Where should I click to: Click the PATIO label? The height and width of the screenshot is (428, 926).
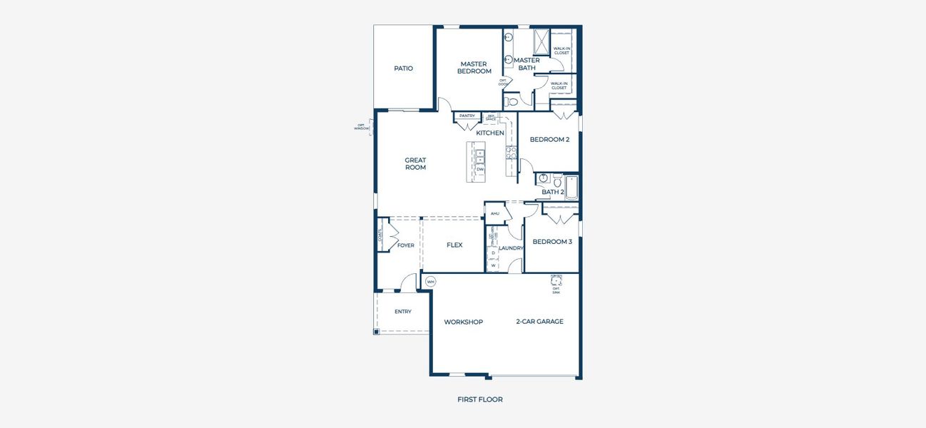pos(404,68)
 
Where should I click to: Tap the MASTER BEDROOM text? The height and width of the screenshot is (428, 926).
pos(474,68)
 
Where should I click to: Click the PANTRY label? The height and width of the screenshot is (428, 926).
pos(467,116)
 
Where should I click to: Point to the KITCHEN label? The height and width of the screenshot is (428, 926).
pos(490,133)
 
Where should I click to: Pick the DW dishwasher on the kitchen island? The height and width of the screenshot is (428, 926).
pos(480,169)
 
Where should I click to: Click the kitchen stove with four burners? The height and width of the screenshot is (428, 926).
pos(511,152)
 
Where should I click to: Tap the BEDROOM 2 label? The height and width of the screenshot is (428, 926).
pos(549,140)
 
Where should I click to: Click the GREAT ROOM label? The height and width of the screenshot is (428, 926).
pos(415,164)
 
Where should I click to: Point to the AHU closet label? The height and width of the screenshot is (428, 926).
pos(494,213)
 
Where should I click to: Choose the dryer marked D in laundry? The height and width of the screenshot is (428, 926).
pos(493,253)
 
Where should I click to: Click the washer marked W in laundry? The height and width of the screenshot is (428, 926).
pos(493,265)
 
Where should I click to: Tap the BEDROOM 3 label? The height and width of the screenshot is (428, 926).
pos(552,242)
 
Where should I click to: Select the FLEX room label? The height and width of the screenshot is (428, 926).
pos(454,245)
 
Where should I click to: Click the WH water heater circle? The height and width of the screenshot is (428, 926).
pos(430,282)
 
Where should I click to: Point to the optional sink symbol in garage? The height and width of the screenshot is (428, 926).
pos(556,281)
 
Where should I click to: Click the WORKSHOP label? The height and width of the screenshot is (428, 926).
pos(463,322)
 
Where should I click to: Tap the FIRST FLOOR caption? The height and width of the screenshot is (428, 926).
pos(479,399)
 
